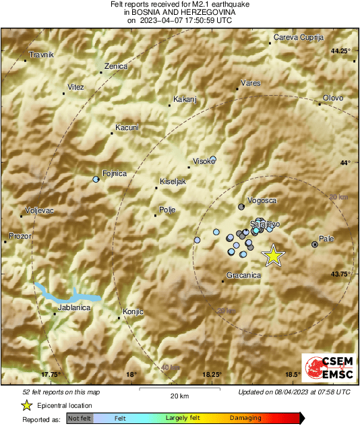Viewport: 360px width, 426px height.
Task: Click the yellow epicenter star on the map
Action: [273, 255]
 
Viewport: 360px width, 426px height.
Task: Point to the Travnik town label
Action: [41, 55]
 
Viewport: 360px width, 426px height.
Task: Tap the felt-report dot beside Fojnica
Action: [96, 179]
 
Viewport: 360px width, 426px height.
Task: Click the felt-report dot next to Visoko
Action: [213, 160]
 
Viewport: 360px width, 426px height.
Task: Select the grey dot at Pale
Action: [315, 244]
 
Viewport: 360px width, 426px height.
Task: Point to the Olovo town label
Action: [333, 98]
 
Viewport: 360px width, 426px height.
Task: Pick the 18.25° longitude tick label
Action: [212, 375]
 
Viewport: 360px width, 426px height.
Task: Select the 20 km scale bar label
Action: [179, 396]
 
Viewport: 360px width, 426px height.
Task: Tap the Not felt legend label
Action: [79, 419]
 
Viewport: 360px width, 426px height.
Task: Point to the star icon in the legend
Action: [26, 405]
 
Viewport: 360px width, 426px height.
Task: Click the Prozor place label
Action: [20, 236]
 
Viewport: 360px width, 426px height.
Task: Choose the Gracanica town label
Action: [244, 276]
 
